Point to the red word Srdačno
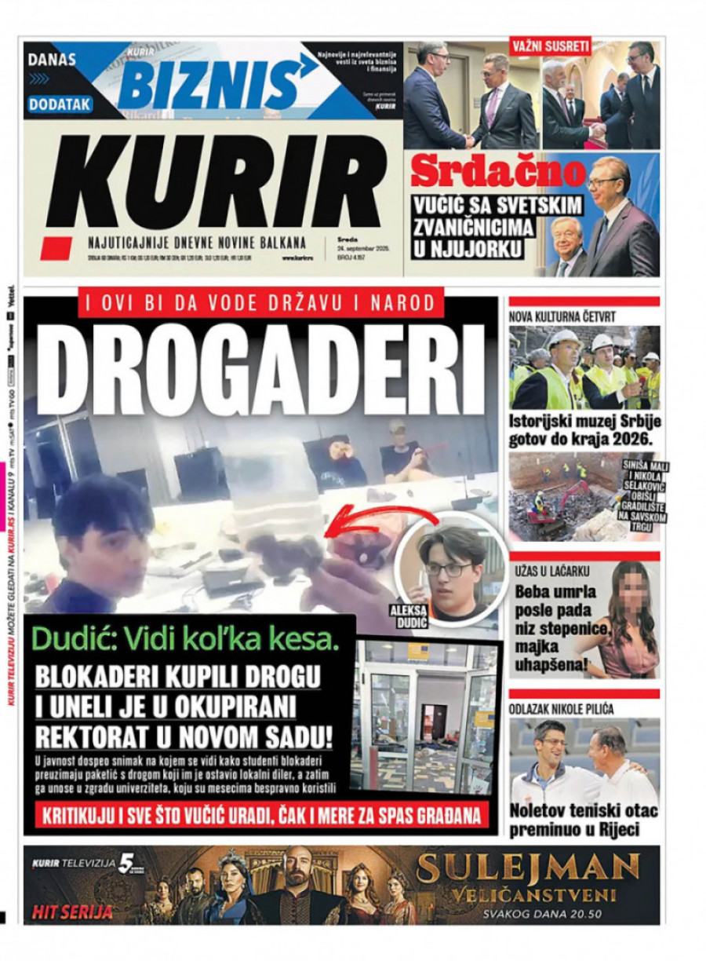(x=497, y=172)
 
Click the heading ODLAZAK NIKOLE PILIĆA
(x=562, y=709)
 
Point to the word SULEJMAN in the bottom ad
(x=528, y=867)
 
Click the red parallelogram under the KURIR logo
(x=56, y=248)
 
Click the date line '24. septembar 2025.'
(x=364, y=248)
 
